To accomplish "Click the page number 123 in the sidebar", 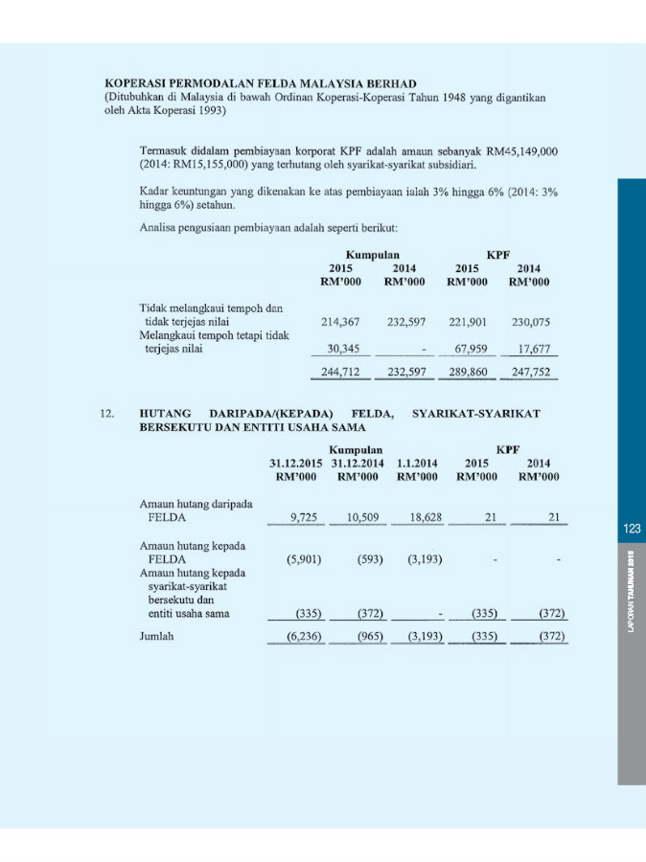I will coord(631,529).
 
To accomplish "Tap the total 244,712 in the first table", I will coord(339,372).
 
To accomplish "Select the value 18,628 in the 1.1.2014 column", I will coord(418,517).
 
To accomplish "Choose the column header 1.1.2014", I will coord(417,462).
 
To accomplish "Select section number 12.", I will coord(107,413).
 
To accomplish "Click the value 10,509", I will coord(363,517).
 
